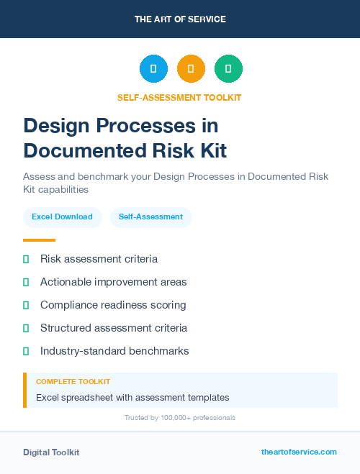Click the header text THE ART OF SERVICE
coord(180,19)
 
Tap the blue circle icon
coord(153,68)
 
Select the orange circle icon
coord(191,68)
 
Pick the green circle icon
coord(228,68)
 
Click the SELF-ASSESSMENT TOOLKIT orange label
coord(179,97)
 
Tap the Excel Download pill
coord(62,217)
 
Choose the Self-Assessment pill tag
coord(150,217)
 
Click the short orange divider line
coord(39,240)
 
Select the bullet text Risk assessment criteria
coord(99,259)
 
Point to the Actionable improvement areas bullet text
coord(113,282)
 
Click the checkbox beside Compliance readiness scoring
coord(26,305)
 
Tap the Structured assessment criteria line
coord(113,328)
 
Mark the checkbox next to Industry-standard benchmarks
coord(26,351)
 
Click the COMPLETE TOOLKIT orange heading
coord(73,382)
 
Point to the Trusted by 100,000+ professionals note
coord(179,417)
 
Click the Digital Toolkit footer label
coord(51,452)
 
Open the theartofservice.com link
coord(299,452)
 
